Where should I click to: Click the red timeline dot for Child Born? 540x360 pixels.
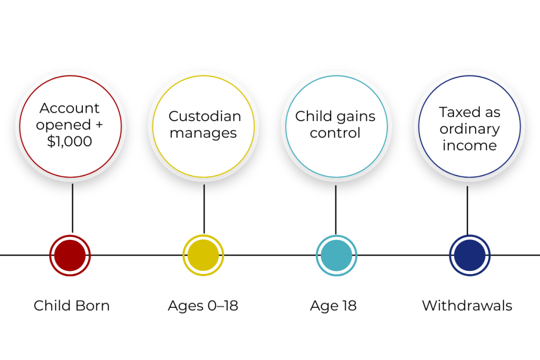70,255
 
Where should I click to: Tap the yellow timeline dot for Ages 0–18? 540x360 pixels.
204,255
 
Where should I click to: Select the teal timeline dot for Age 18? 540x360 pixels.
336,255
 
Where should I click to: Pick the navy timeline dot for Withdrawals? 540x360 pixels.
470,255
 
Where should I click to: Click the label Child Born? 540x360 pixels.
71,306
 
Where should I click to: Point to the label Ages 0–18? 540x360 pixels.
203,306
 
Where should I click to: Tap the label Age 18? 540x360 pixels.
333,306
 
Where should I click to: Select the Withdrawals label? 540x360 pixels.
467,306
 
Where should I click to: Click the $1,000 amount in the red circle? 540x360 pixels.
70,142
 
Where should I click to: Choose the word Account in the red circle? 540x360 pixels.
70,108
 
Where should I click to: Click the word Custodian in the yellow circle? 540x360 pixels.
205,116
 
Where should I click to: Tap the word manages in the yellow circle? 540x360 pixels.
204,133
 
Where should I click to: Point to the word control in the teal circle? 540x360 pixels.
335,133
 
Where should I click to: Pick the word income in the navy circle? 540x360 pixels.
469,146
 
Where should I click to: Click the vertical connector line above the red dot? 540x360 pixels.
72,208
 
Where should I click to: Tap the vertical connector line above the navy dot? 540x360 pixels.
467,210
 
